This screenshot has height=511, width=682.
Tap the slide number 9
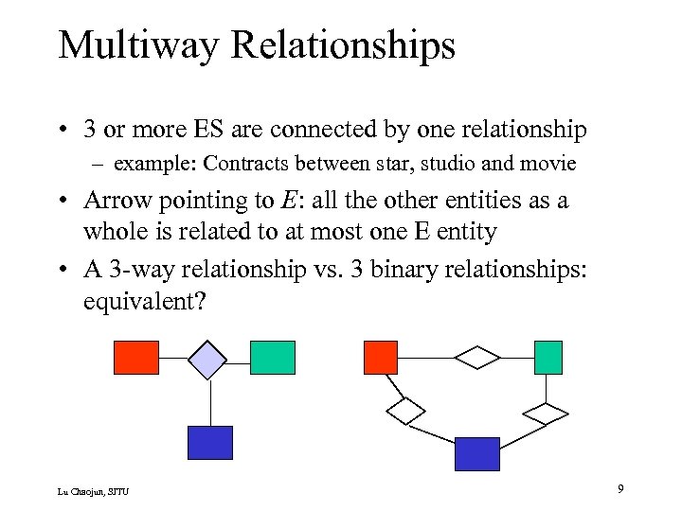(x=619, y=488)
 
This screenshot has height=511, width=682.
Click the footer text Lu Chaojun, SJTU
(x=93, y=490)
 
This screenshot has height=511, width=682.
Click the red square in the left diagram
(x=136, y=358)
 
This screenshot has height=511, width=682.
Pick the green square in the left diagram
(x=273, y=358)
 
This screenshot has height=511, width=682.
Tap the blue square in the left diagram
(x=210, y=442)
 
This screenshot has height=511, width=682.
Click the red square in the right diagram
(x=381, y=358)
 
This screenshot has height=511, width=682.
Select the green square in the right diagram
(x=548, y=358)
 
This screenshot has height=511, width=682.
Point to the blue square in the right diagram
(x=476, y=453)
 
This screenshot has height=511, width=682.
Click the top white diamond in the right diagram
(x=477, y=358)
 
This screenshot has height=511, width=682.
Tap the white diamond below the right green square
(x=546, y=414)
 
